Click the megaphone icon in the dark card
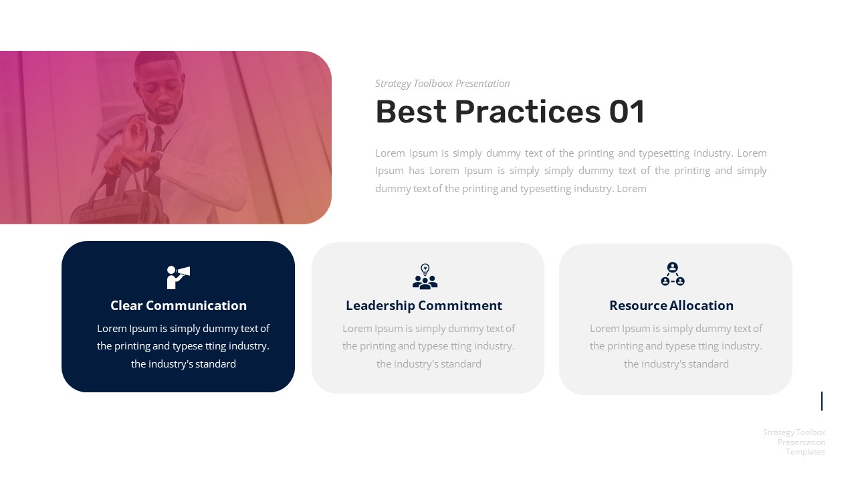(x=178, y=276)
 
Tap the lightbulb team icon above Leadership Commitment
(x=425, y=276)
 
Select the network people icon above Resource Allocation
(x=672, y=274)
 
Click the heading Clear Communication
(x=179, y=305)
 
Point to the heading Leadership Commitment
(x=424, y=305)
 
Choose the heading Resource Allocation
(x=671, y=305)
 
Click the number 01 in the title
(x=626, y=112)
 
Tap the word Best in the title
(x=411, y=112)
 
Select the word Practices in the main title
(x=528, y=112)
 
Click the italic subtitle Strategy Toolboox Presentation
(x=442, y=84)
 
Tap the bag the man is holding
(x=120, y=204)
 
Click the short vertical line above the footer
(x=822, y=401)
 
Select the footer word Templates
(x=805, y=452)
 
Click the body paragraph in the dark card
(x=183, y=346)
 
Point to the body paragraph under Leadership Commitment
(x=429, y=346)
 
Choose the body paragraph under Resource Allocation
(x=676, y=346)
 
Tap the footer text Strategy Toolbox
(x=794, y=432)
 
